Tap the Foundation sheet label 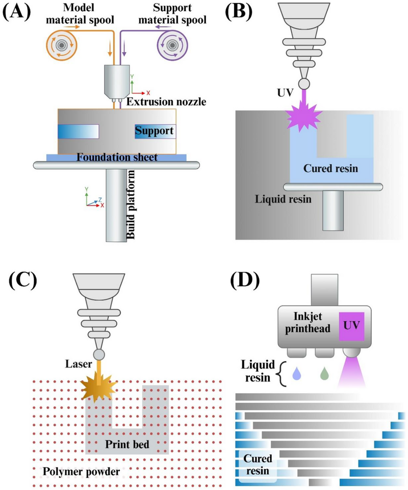[117, 158]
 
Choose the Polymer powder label [82, 471]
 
